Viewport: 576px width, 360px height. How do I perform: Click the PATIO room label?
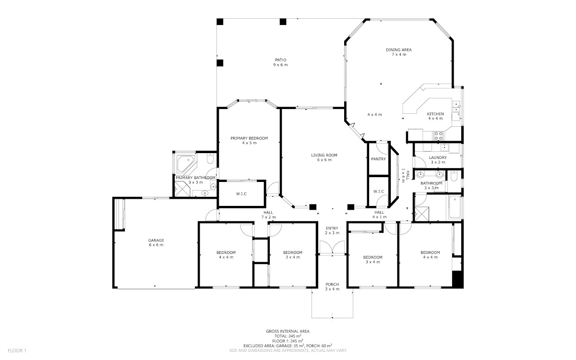[280, 60]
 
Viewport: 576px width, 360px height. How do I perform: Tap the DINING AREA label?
[398, 50]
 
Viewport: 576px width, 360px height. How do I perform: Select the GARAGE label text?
[156, 240]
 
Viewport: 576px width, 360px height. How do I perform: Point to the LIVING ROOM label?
[324, 155]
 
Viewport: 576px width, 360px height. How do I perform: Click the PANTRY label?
[379, 159]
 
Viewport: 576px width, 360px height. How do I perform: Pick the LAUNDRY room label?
[438, 157]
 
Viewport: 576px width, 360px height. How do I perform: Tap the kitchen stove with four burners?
[438, 135]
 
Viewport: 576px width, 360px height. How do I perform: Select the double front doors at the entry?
[332, 247]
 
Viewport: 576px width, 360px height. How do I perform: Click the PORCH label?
[332, 284]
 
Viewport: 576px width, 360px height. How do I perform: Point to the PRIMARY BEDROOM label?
[249, 138]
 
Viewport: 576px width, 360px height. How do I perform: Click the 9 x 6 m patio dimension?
[280, 65]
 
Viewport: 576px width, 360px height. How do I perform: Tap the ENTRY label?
[332, 228]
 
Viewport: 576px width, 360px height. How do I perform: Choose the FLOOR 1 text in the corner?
[17, 350]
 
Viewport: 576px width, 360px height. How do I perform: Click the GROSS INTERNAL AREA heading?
[288, 332]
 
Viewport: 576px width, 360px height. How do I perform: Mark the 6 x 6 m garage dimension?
[156, 245]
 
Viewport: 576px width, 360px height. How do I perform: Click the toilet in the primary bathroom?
[210, 159]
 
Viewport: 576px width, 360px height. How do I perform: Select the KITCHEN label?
[435, 114]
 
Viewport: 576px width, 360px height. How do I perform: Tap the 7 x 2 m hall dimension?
[268, 217]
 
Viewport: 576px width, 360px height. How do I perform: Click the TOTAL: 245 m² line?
[288, 336]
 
